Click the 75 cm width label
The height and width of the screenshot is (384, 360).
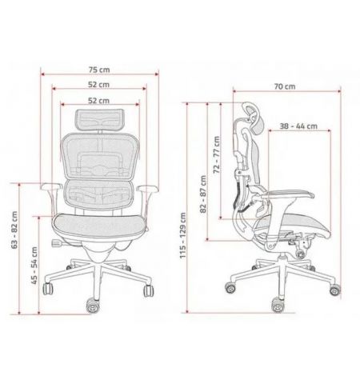(x=99, y=70)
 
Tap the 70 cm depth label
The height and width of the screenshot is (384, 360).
(x=285, y=86)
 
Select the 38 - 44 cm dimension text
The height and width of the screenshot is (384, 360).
(x=298, y=126)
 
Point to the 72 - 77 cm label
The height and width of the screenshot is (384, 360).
(x=217, y=154)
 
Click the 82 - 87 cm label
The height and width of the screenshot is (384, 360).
(x=203, y=194)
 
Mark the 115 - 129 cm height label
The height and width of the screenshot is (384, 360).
(x=182, y=235)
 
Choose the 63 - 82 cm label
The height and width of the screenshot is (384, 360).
(x=14, y=230)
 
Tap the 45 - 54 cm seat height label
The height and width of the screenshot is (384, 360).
(x=34, y=266)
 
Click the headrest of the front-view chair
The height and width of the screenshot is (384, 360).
(x=99, y=119)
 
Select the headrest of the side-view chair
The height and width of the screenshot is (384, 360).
(x=254, y=118)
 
